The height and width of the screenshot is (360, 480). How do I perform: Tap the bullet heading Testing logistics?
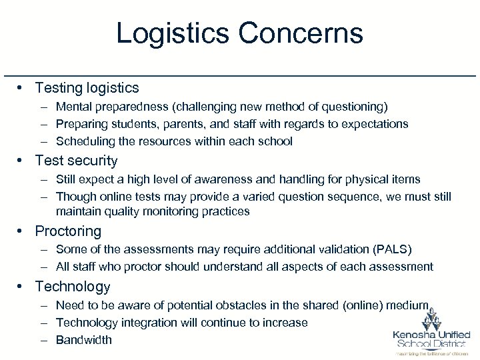[x=87, y=87]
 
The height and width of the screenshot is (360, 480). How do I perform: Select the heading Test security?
[x=76, y=161]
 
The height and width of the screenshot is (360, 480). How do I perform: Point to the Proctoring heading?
[x=68, y=231]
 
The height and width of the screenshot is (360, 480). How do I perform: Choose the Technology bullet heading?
[x=73, y=287]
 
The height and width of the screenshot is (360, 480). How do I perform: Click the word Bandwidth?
[x=84, y=340]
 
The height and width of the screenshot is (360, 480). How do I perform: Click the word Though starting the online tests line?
[x=76, y=197]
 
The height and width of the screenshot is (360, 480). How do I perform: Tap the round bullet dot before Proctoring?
[x=22, y=231]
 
